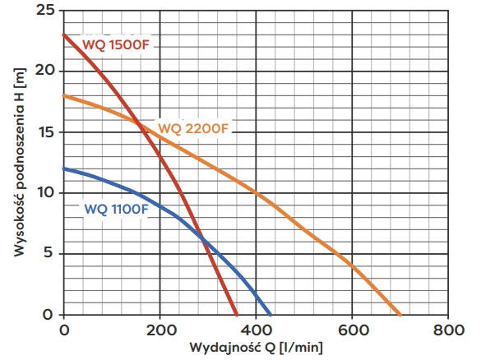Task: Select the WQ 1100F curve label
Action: coord(116,209)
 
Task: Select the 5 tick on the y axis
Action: coord(51,254)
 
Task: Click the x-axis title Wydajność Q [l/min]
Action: coord(255,348)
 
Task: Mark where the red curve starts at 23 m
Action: coord(64,35)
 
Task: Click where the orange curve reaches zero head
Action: coord(400,315)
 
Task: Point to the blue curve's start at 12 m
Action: coord(64,168)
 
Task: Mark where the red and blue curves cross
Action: coord(201,238)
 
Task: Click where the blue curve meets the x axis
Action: coord(271,315)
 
